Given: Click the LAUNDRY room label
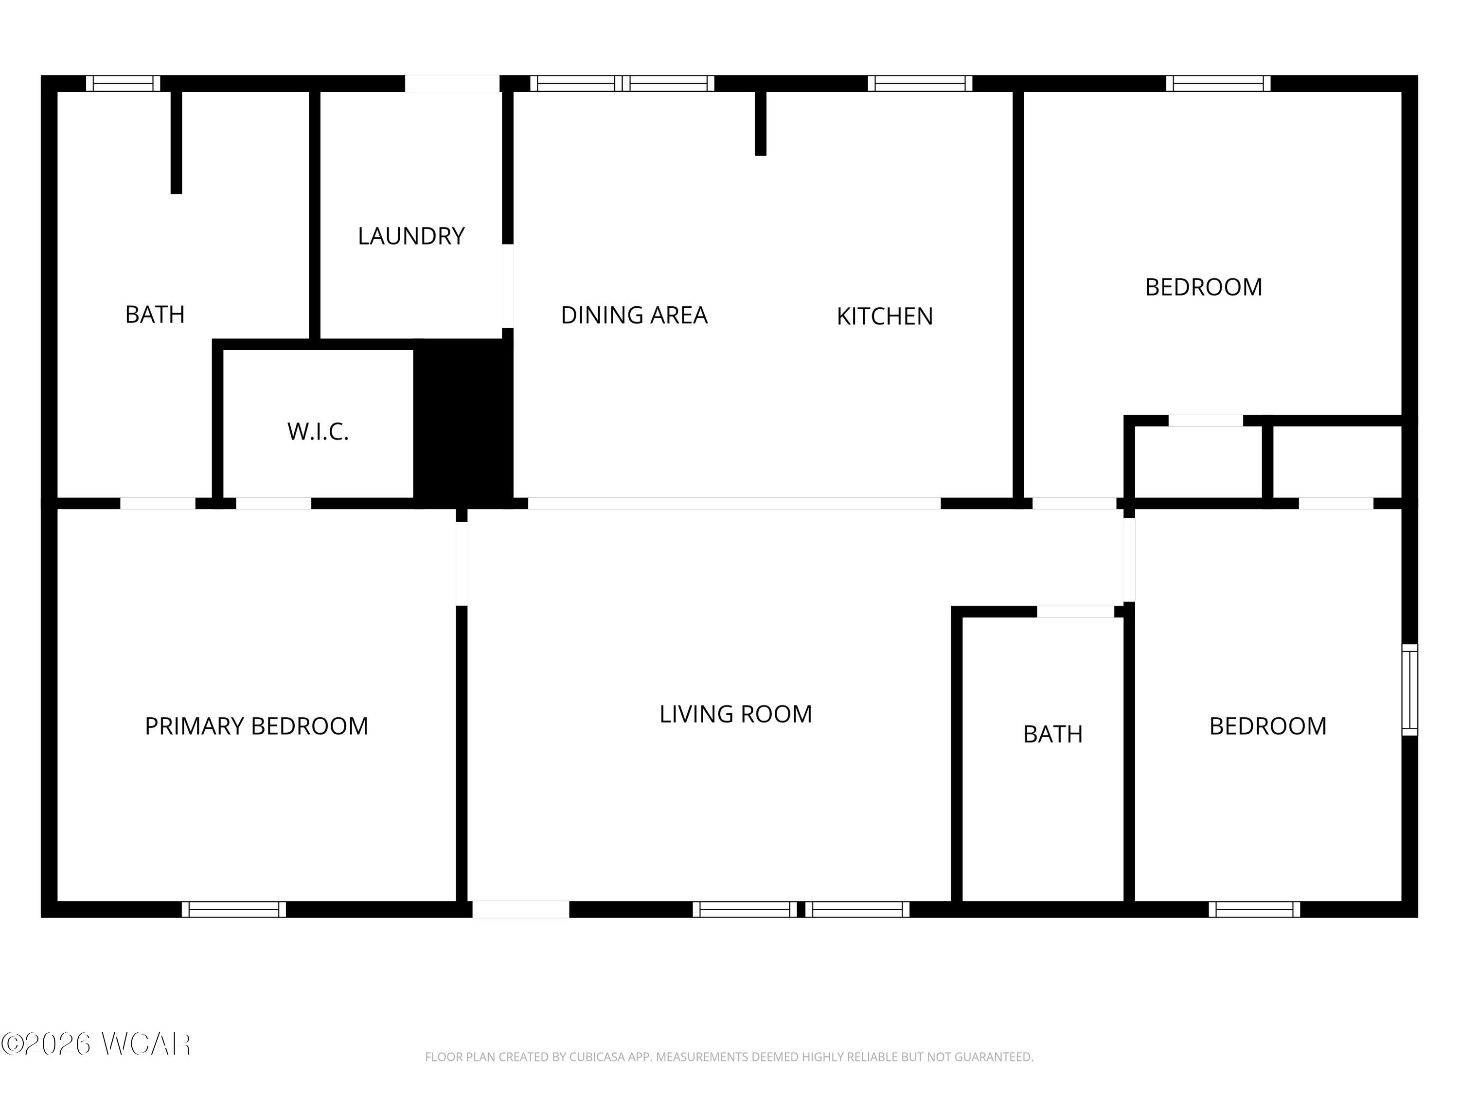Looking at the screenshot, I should [x=411, y=236].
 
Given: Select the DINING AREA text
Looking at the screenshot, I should [x=634, y=315].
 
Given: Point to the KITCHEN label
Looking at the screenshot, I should [x=885, y=317].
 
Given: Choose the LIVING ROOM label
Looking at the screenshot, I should [x=735, y=714].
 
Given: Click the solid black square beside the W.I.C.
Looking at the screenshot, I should [x=463, y=422].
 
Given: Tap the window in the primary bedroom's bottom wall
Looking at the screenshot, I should [x=234, y=909].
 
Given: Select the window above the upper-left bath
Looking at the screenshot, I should [x=124, y=84].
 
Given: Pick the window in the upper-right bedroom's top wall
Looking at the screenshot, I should [x=1218, y=84].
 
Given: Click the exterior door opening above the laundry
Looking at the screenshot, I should [x=452, y=84].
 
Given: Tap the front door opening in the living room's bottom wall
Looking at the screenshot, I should [x=520, y=909].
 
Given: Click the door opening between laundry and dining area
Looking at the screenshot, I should [x=508, y=286].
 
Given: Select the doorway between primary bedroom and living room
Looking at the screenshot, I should [x=462, y=564].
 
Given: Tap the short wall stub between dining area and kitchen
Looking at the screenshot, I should [x=761, y=123].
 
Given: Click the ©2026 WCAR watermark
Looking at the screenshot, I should [x=96, y=1044].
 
